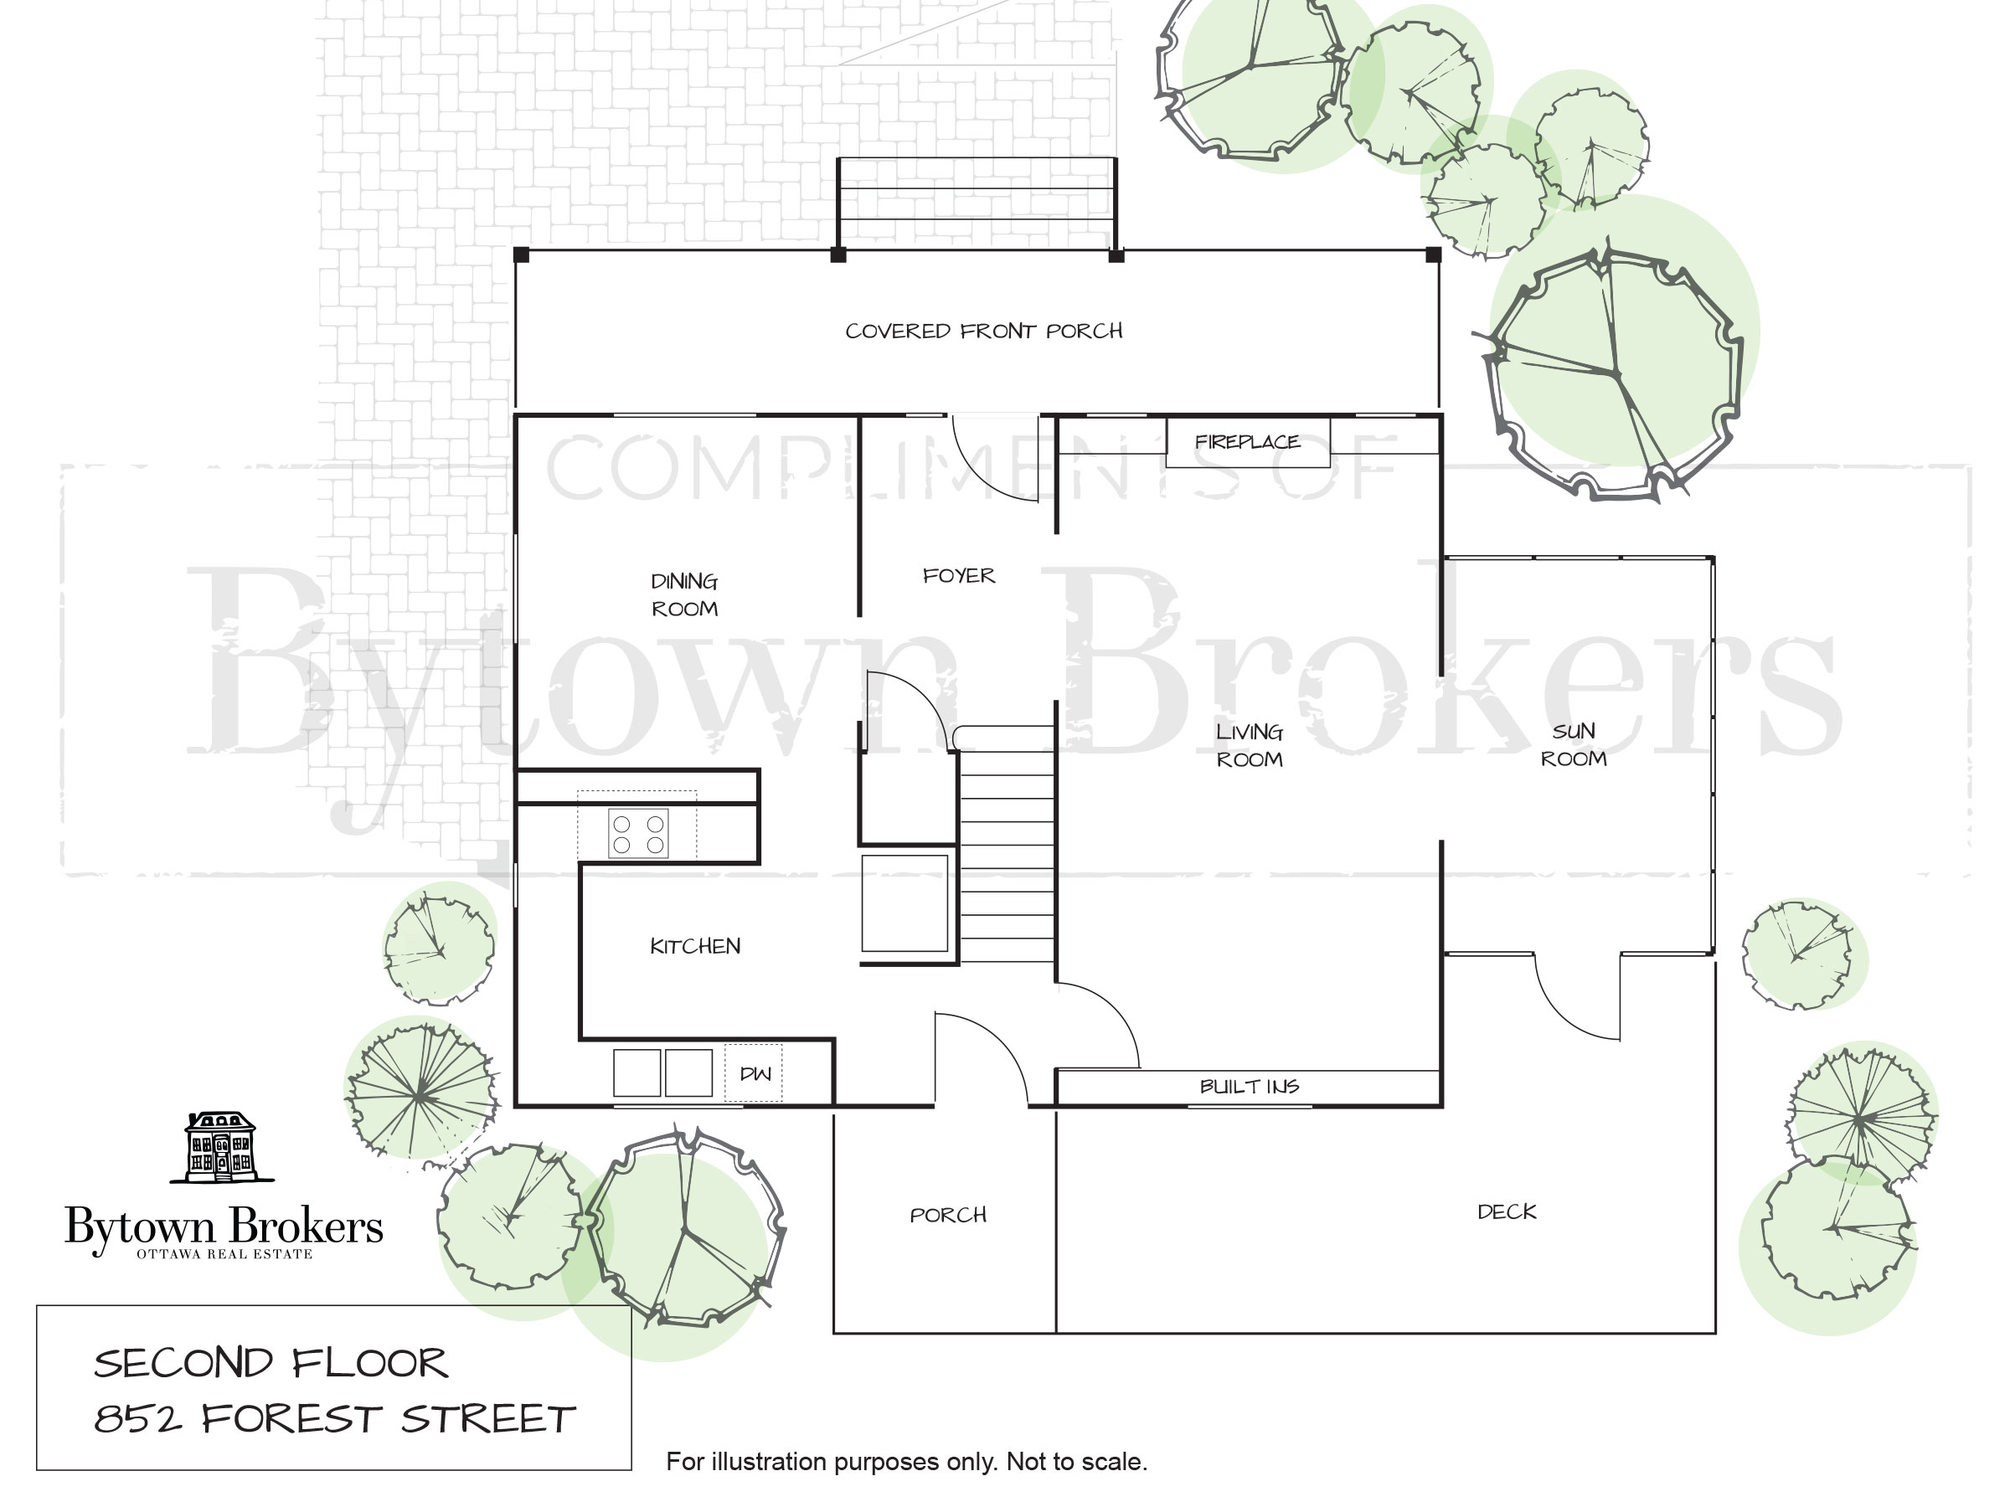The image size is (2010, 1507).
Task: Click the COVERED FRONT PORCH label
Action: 984,331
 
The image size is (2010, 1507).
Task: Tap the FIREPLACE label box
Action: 1248,442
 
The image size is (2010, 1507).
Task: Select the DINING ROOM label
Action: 684,595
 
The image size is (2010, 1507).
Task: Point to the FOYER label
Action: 959,576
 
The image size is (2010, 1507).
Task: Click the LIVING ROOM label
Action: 1250,745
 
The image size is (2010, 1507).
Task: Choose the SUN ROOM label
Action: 1574,745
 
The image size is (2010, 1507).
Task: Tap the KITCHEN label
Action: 695,947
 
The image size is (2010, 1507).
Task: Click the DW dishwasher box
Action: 753,1072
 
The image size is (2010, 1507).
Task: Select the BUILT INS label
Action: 1250,1087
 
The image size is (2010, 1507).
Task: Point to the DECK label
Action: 1507,1211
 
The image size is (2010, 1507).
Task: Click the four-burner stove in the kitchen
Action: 638,833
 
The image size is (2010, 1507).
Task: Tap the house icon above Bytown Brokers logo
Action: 222,1147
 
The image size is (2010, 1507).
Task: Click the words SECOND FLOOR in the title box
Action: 271,1364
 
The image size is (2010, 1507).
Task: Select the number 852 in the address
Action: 138,1419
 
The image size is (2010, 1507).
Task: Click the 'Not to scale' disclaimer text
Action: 1077,1462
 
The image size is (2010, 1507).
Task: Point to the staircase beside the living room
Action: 1007,844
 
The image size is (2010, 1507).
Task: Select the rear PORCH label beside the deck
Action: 948,1216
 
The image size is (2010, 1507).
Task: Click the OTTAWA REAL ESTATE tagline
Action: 224,1254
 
